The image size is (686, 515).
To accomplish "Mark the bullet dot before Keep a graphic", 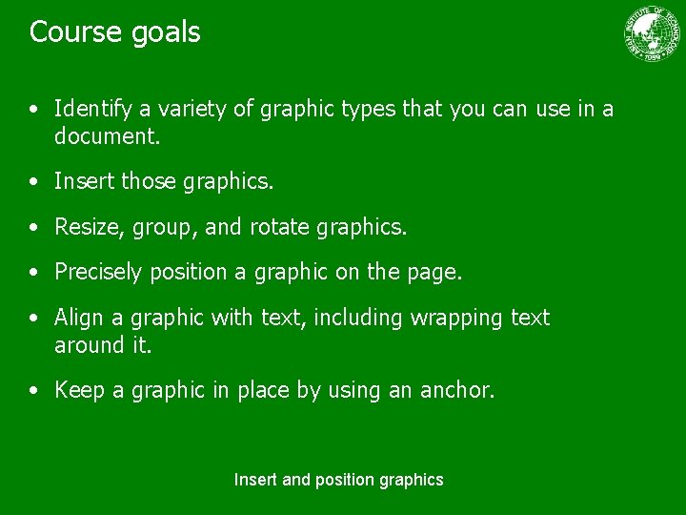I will tap(35, 390).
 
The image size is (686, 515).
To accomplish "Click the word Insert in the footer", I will tap(256, 480).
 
